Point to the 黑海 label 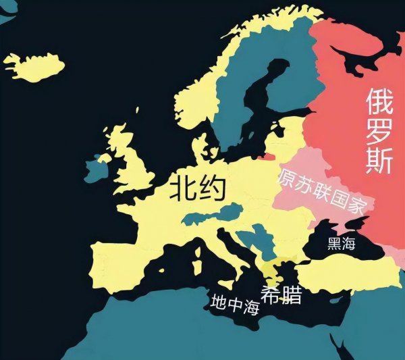point(341,244)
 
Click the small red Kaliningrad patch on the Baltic point(269,157)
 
